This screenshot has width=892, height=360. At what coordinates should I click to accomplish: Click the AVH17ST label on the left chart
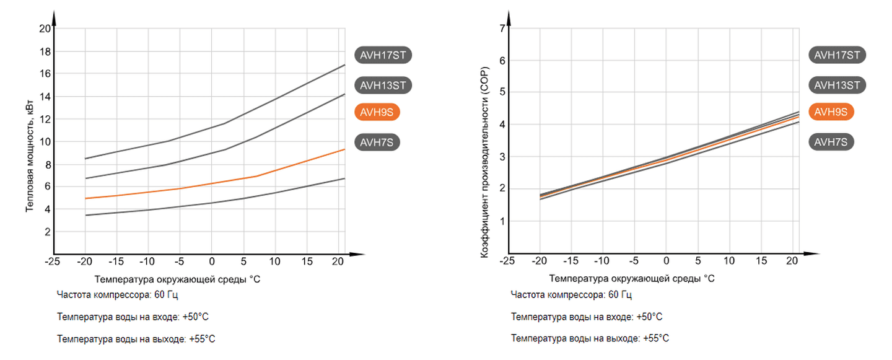point(383,55)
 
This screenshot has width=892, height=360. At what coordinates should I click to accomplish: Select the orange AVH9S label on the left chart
point(377,112)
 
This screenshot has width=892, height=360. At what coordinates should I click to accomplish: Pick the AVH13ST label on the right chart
point(836,85)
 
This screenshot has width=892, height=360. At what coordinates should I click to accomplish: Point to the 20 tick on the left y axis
point(45,29)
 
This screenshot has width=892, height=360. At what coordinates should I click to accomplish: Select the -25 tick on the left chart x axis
point(53,261)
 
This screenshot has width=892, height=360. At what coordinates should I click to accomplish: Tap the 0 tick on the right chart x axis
point(666,261)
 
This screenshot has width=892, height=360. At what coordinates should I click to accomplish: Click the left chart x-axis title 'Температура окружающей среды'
point(178,279)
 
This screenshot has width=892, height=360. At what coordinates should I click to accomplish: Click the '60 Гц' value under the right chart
point(620,295)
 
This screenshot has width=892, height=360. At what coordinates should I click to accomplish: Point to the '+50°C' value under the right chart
point(649,317)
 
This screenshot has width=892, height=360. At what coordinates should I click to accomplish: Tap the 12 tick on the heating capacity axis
point(45,119)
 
